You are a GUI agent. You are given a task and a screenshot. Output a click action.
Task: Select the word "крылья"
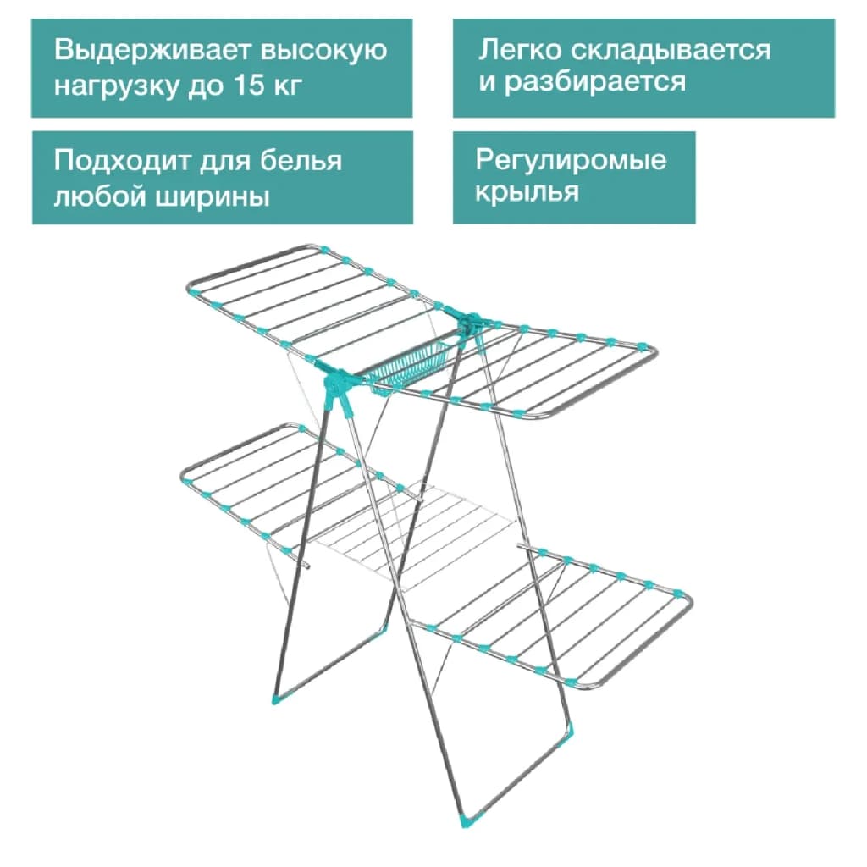[x=527, y=193]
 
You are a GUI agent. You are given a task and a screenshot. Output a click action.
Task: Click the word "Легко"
[x=520, y=49]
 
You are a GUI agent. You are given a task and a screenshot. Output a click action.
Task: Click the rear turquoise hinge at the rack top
[x=470, y=323]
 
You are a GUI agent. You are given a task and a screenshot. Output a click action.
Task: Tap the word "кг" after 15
[x=289, y=86]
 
